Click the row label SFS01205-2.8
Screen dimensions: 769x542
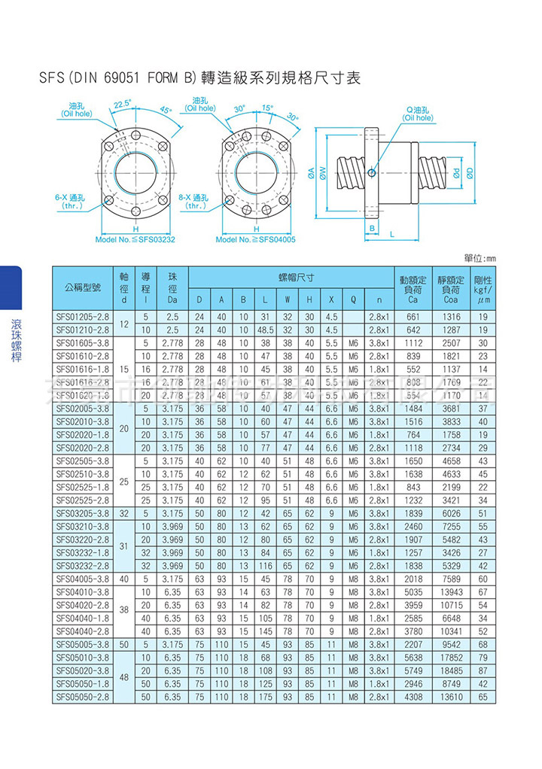coord(83,317)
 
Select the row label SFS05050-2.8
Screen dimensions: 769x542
coord(83,697)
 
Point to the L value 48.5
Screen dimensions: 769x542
coord(264,330)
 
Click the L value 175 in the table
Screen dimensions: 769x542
coord(264,697)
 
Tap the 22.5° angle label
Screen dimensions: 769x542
coord(123,103)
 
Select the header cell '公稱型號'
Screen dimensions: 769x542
coord(82,287)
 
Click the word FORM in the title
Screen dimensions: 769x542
coord(163,78)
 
